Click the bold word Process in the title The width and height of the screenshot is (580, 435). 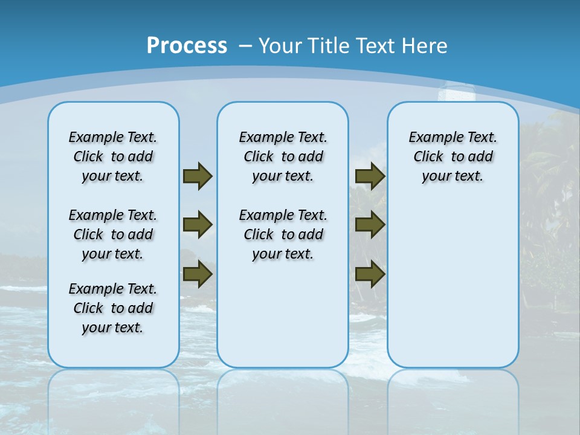pos(187,45)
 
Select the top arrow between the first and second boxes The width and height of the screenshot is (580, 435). pos(198,176)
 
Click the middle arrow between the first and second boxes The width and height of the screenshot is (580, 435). pos(198,225)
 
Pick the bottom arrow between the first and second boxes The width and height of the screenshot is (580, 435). pos(198,274)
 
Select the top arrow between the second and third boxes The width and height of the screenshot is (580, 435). pos(370,176)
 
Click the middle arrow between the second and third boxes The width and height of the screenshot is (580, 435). pos(370,225)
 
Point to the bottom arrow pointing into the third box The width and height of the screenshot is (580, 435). pos(370,274)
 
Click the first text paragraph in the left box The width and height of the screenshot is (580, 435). pos(113,156)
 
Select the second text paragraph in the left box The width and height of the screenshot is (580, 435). pos(113,234)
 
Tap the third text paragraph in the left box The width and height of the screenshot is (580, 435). pos(113,308)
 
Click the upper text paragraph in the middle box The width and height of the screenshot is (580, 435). pos(283,156)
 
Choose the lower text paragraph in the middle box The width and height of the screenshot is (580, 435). pos(283,234)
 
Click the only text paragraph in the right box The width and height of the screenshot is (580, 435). pos(453,156)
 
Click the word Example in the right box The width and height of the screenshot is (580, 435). pos(431,138)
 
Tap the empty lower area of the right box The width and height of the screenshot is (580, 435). pos(453,284)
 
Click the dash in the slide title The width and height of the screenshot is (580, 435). pos(246,46)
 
